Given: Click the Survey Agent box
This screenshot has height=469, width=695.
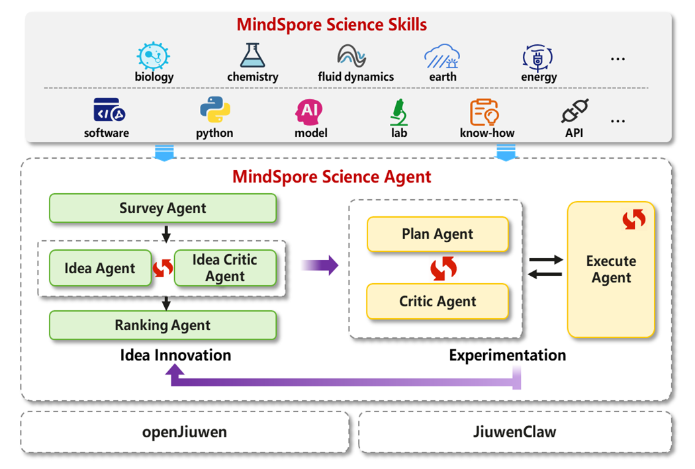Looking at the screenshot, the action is click(x=163, y=208).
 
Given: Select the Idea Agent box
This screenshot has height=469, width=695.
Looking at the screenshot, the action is click(x=100, y=268).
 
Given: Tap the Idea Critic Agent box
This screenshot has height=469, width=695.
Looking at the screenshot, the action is click(x=225, y=268).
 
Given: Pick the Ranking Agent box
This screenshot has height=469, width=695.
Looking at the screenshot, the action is click(x=163, y=325).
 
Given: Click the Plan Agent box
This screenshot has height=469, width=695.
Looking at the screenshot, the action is click(x=438, y=234).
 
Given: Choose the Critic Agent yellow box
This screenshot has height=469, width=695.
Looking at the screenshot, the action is click(x=438, y=301).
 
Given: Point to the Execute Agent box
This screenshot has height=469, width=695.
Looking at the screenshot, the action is click(x=611, y=269).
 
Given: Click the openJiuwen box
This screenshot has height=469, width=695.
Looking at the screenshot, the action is click(x=185, y=432).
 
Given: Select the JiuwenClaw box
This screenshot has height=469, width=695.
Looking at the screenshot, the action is click(x=514, y=432).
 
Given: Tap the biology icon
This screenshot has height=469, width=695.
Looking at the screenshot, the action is click(x=154, y=56).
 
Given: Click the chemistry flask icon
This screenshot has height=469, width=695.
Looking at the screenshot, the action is click(x=253, y=56).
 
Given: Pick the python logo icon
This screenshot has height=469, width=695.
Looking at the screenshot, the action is click(x=215, y=109).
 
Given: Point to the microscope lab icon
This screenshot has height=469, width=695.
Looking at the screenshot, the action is click(x=399, y=112).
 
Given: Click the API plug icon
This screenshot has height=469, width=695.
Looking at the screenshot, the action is click(x=575, y=110).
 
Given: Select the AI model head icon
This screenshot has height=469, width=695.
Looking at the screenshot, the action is click(x=309, y=112).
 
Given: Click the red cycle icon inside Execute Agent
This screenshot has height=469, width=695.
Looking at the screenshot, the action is click(x=634, y=219).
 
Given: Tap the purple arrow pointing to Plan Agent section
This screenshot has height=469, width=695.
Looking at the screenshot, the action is click(x=319, y=265).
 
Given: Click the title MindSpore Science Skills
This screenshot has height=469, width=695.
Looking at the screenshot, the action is click(x=332, y=24).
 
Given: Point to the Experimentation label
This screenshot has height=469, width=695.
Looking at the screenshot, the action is click(x=508, y=355).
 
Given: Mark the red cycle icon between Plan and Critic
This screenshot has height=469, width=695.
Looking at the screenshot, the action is click(x=443, y=268).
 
